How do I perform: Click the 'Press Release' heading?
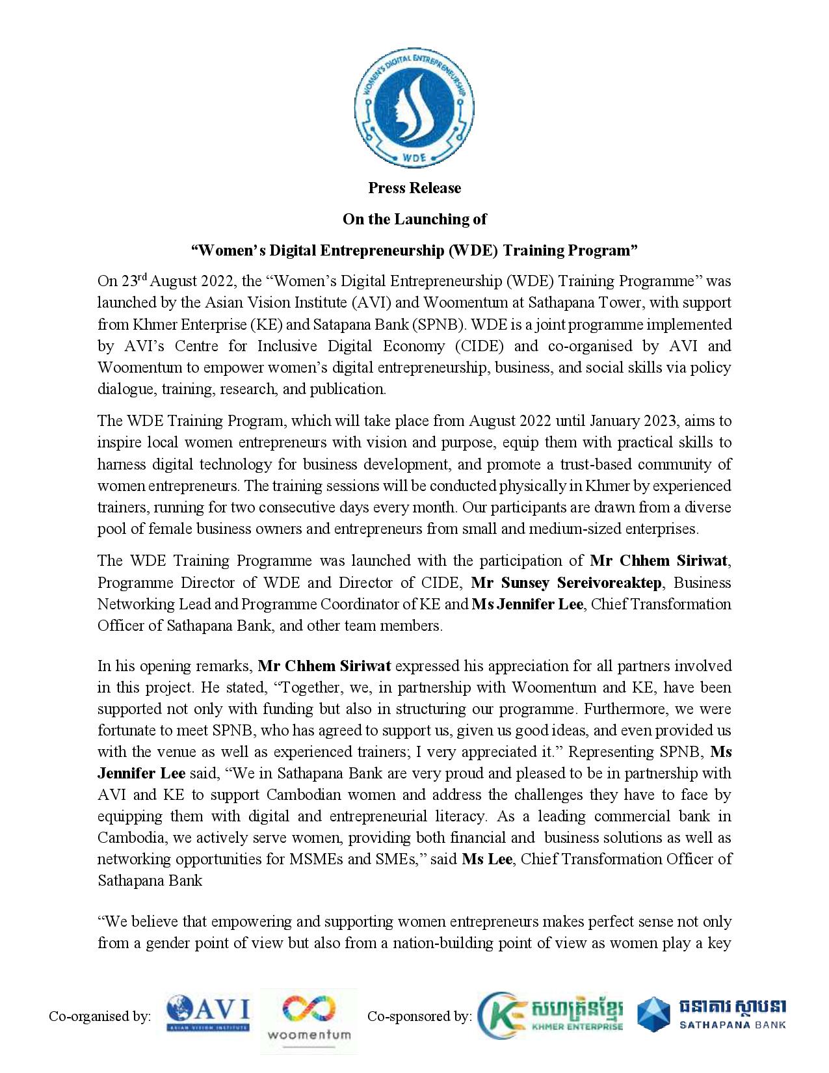tap(414, 188)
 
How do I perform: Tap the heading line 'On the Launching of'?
tap(414, 219)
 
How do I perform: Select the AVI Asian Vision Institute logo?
tap(207, 1015)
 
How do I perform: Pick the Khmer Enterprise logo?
tap(551, 1015)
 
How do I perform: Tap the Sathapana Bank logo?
tap(711, 1015)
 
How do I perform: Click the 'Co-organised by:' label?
tap(100, 1016)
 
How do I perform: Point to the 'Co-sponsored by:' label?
tap(419, 1016)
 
